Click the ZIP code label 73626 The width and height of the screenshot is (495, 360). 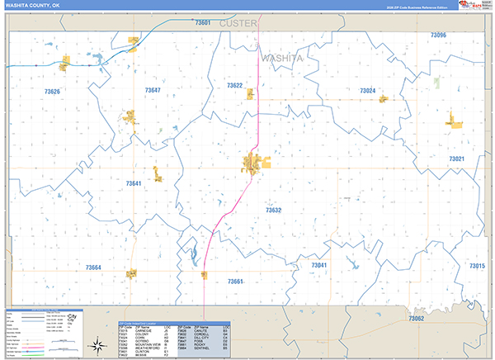(x=52, y=92)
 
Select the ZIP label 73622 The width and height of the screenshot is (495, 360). (x=234, y=86)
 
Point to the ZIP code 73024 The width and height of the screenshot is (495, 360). (x=368, y=90)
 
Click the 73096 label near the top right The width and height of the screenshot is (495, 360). (x=438, y=36)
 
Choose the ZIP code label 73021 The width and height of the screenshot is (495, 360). (x=456, y=159)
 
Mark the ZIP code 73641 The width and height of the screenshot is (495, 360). (x=134, y=183)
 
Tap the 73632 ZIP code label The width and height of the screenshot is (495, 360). (x=274, y=211)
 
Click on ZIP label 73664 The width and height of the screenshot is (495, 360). (x=93, y=268)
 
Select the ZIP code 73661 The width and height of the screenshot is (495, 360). (x=236, y=282)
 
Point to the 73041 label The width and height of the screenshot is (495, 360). (x=318, y=265)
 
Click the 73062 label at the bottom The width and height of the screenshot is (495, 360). (x=416, y=319)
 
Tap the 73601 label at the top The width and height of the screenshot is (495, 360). (x=202, y=23)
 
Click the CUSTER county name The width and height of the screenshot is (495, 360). (x=238, y=23)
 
